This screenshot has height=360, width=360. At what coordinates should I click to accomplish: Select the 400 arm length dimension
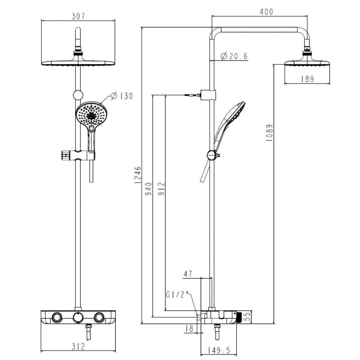point(266,12)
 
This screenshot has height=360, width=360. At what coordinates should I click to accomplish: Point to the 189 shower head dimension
point(307,79)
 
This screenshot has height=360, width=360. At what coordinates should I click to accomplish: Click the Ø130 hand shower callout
point(121,96)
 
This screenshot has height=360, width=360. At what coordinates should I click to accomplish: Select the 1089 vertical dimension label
point(269,133)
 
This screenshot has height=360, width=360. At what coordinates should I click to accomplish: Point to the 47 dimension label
point(188,273)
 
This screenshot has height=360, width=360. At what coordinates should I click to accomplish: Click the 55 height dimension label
point(246,317)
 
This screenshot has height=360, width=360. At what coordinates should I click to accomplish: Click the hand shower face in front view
point(91,115)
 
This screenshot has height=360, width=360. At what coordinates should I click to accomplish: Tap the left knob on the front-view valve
point(57,318)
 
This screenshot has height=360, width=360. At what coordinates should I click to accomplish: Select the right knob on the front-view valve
point(99,318)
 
